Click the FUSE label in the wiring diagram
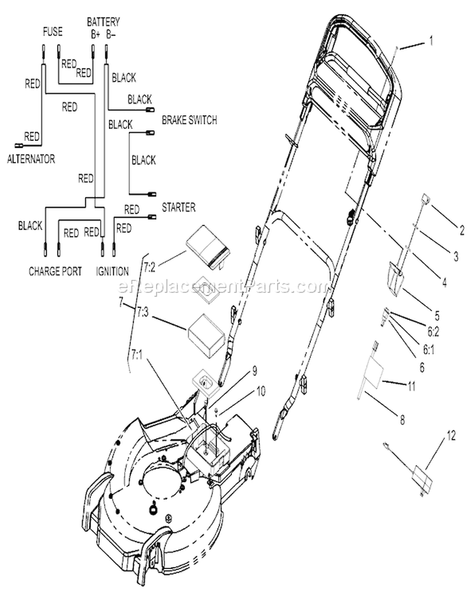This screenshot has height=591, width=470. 53,32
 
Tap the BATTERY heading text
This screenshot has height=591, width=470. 103,22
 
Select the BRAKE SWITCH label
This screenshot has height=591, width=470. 189,120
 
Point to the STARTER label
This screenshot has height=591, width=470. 179,207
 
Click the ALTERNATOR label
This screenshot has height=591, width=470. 31,159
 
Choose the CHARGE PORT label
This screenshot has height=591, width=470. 55,271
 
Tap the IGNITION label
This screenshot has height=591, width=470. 112,271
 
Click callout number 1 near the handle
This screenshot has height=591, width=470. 431,41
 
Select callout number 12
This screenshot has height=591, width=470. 451,436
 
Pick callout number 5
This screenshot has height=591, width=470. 437,315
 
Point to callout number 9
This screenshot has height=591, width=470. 254,371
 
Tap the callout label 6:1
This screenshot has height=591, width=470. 429,350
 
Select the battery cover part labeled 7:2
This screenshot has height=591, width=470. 207,248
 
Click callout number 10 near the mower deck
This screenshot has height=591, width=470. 261,391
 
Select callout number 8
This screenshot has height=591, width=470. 402,419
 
